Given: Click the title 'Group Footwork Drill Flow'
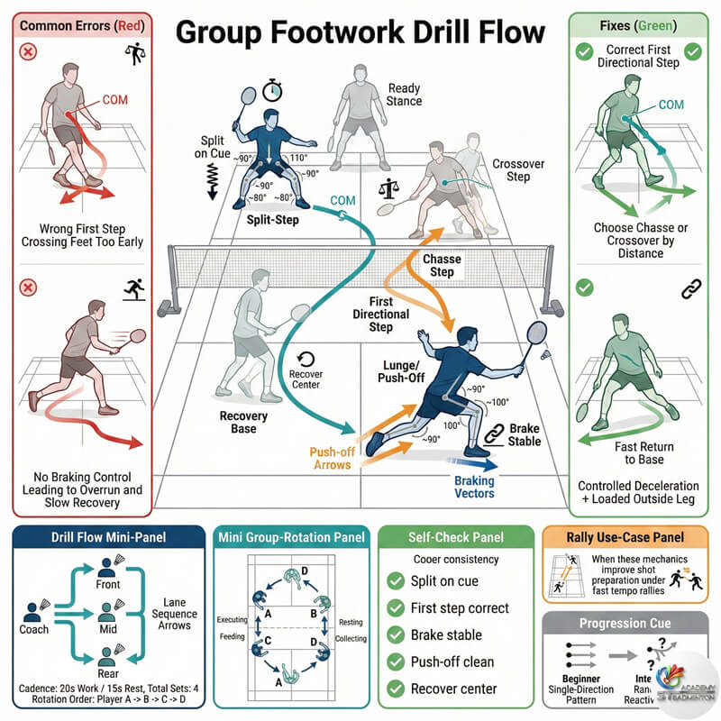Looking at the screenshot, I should pyautogui.click(x=360, y=34).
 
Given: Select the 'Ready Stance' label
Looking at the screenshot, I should pyautogui.click(x=404, y=94).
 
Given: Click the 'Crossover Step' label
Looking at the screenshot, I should pyautogui.click(x=511, y=171).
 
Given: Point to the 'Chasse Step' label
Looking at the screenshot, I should pyautogui.click(x=442, y=266).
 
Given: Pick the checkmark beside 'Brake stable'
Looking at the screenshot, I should pyautogui.click(x=394, y=634).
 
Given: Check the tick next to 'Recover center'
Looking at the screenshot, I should pyautogui.click(x=394, y=689).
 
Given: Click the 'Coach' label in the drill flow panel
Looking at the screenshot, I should pyautogui.click(x=34, y=629).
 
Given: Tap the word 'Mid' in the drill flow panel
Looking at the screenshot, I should pyautogui.click(x=109, y=628).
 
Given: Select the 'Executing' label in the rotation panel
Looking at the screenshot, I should pyautogui.click(x=230, y=620).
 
